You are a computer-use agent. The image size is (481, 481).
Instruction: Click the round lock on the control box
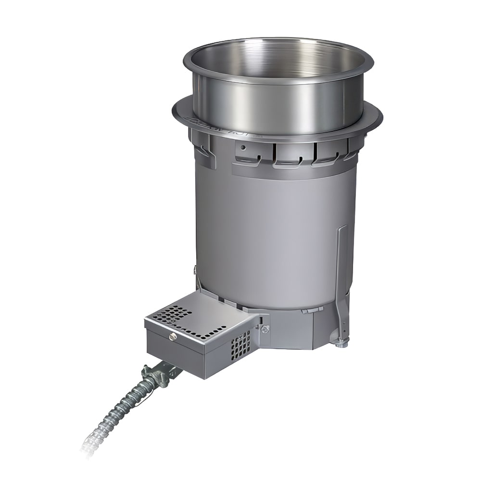point(173,337)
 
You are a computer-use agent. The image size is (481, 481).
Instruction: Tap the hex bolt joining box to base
point(264,328)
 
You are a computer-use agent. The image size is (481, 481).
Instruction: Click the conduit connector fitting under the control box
point(159,373)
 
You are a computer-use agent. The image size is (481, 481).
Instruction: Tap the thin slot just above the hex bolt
point(263,317)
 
